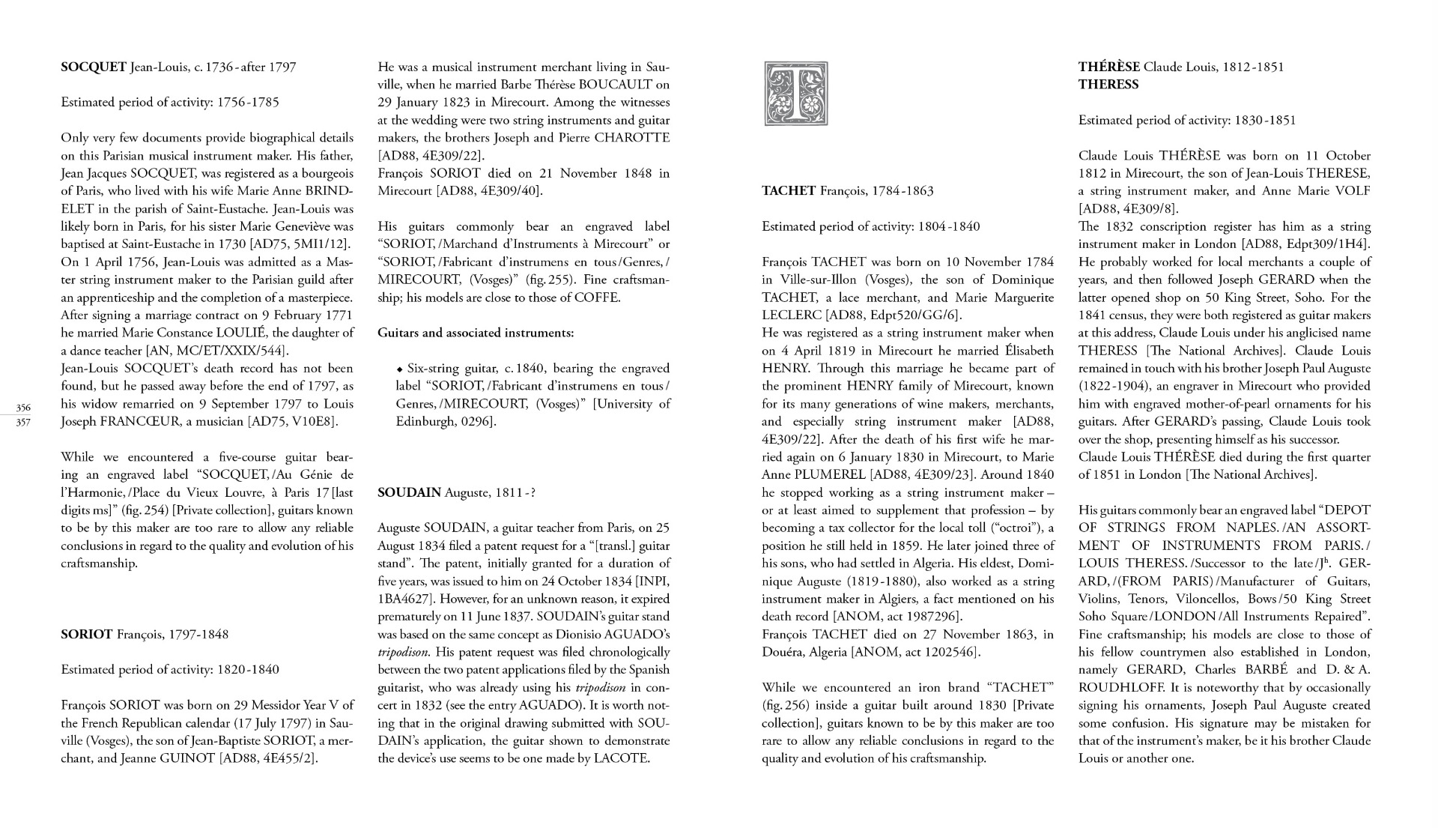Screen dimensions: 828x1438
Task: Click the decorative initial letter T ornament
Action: point(795,94)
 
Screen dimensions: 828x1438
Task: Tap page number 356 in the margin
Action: point(23,408)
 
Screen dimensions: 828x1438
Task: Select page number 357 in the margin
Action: point(23,422)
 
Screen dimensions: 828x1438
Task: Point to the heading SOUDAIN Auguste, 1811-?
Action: point(457,492)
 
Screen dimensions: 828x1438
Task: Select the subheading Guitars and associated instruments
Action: point(476,333)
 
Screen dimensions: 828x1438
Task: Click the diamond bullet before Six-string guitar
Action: point(400,369)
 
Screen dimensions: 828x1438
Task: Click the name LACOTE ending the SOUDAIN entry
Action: point(622,758)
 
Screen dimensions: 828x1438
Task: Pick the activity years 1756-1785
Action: point(248,103)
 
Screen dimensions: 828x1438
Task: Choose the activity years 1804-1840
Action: point(949,226)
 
